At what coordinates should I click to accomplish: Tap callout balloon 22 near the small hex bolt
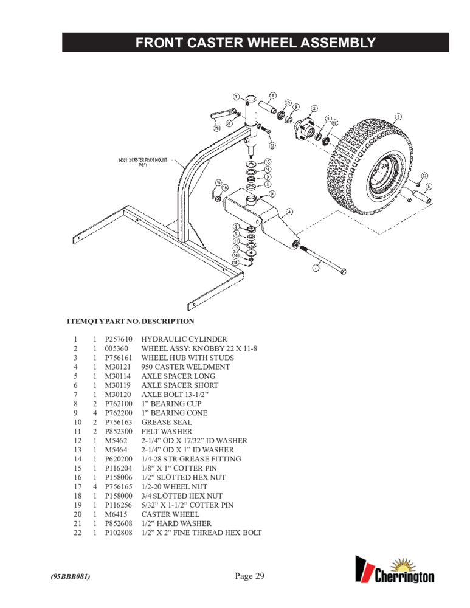(272, 145)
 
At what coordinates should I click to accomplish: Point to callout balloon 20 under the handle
(216, 128)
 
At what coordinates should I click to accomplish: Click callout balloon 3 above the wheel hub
(314, 108)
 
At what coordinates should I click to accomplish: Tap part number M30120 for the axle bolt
(116, 395)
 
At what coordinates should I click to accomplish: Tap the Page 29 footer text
(249, 576)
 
